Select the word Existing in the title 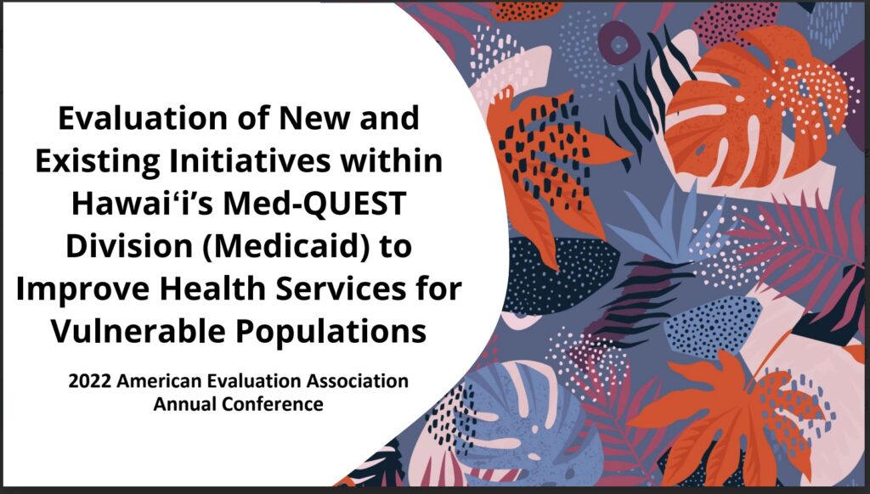(97, 160)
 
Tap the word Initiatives (250, 160)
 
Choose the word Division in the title (129, 246)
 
